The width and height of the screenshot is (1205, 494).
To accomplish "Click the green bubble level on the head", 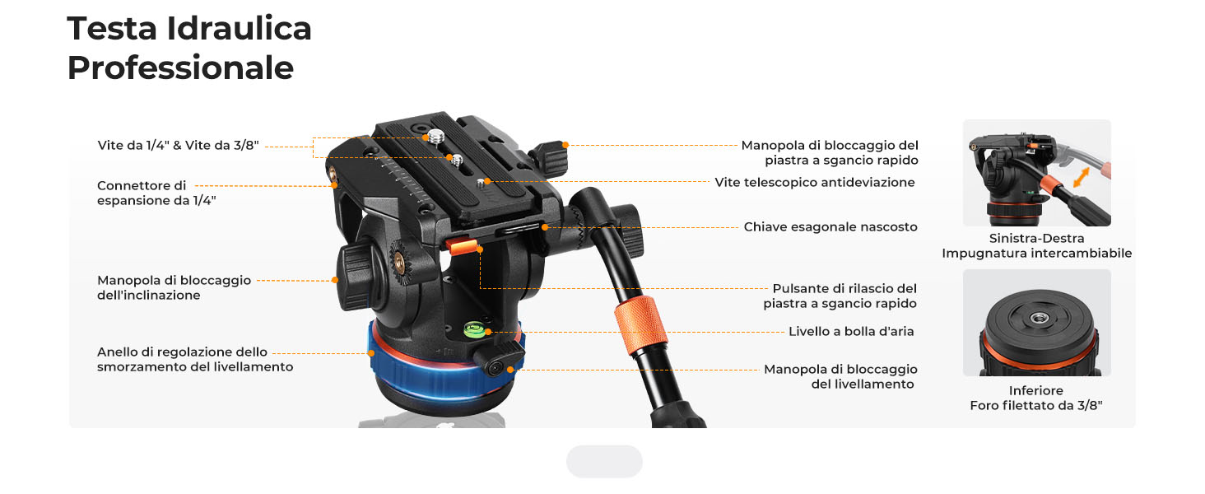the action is point(474,329).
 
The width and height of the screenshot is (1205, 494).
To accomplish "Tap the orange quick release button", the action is point(462,246).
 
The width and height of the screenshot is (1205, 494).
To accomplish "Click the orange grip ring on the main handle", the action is point(640,325).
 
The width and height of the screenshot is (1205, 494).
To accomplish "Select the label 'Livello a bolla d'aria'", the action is point(851,331).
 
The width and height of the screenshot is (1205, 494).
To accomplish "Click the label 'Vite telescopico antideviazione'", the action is point(815,182).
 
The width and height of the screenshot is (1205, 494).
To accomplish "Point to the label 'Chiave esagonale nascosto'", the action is point(830,226).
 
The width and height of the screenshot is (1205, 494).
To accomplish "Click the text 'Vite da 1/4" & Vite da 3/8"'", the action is point(178,145).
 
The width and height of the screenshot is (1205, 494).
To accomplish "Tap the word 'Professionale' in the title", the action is point(180,68).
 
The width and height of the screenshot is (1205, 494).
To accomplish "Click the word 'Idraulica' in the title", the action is point(239,28).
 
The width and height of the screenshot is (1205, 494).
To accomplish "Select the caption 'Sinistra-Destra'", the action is point(1036,238).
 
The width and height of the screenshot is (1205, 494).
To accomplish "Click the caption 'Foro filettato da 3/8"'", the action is point(1036,405).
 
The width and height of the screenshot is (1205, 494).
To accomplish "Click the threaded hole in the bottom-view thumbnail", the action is point(1039,318).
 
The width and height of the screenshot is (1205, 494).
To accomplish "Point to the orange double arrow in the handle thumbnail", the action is point(1082,177).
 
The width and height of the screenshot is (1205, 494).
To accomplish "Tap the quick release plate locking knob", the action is point(550,158).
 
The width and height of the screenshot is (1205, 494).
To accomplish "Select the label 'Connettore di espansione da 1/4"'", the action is point(156,193).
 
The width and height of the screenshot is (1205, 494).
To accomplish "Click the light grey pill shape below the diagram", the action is point(604,461).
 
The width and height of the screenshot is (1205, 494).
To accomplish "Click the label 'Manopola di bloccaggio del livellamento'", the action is point(840,376).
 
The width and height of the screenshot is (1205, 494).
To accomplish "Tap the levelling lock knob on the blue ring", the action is point(499,360).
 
